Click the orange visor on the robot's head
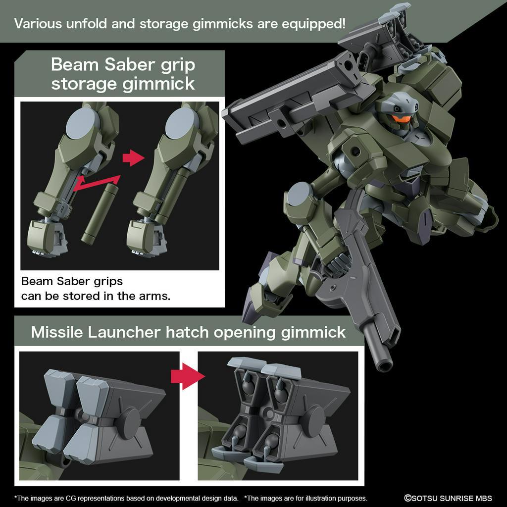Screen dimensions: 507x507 [x=402, y=119]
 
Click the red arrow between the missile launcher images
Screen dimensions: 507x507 [x=188, y=376]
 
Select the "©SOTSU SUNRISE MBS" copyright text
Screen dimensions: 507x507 [x=448, y=498]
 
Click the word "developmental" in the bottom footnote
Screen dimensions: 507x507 [x=161, y=498]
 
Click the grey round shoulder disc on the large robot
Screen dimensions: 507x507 [x=299, y=193]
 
